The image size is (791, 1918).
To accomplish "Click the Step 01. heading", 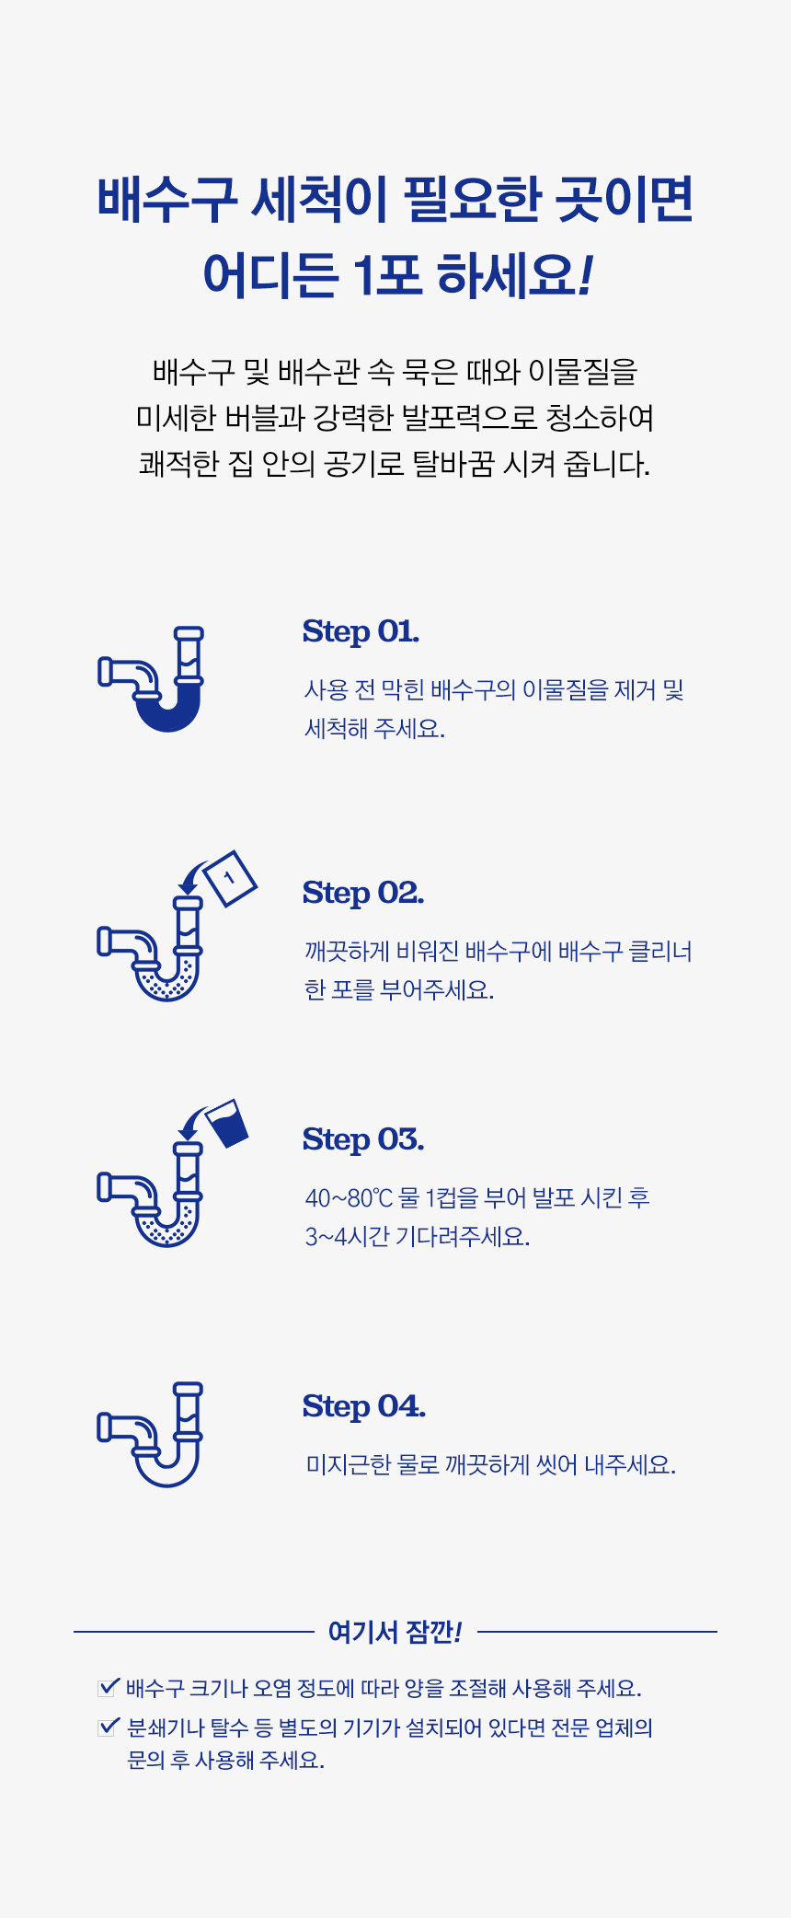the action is pyautogui.click(x=361, y=631).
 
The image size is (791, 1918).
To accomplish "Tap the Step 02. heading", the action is pyautogui.click(x=363, y=893).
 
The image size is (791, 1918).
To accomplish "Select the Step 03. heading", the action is pyautogui.click(x=363, y=1139).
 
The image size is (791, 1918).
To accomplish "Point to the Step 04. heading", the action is pyautogui.click(x=364, y=1406).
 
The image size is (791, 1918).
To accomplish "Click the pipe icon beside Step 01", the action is pyautogui.click(x=151, y=679).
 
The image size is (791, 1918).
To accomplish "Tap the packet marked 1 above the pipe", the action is pyautogui.click(x=230, y=879).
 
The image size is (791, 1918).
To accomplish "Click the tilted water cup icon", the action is pyautogui.click(x=227, y=1123).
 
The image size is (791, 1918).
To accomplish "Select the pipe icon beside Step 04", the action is pyautogui.click(x=151, y=1434).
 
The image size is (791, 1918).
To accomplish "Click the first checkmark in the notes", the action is pyautogui.click(x=109, y=1687).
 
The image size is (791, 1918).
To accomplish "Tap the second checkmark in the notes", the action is pyautogui.click(x=109, y=1727).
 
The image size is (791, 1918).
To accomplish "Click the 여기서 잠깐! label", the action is pyautogui.click(x=395, y=1632).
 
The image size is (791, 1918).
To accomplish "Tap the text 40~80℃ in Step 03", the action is pyautogui.click(x=349, y=1198).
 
